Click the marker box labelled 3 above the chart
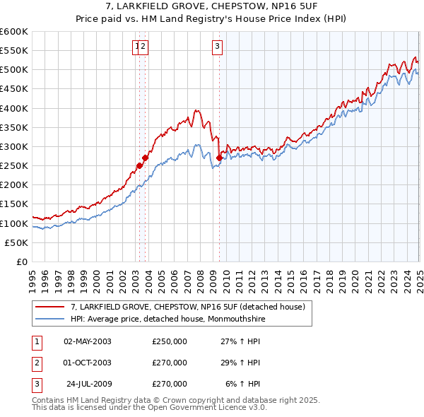coord(216,47)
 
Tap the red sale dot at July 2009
coord(219,158)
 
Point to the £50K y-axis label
coord(16,242)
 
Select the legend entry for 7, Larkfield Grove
coord(187,307)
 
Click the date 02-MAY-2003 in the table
coord(88,341)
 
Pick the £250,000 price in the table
coord(170,341)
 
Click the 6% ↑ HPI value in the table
coord(242,384)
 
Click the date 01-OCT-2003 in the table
coord(88,363)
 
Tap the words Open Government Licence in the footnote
coord(213,407)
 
